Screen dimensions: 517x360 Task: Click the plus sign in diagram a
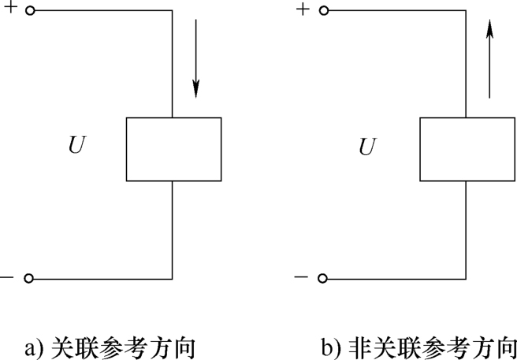coord(10,8)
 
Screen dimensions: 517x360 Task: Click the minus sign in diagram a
coord(6,277)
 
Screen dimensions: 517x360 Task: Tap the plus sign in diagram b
coord(303,9)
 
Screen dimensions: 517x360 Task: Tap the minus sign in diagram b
coord(300,276)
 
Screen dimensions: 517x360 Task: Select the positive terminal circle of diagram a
coord(30,11)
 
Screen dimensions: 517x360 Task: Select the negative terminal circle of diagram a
coord(28,279)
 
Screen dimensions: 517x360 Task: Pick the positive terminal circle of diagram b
coord(324,11)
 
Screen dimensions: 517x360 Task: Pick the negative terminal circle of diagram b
coord(322,279)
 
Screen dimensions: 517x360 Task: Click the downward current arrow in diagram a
coord(196,58)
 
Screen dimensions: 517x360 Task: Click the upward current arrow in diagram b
coord(489,58)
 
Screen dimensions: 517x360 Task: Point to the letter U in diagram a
coord(76,146)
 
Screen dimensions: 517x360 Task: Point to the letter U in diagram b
coord(367,147)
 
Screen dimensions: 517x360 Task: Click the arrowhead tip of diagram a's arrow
coord(196,98)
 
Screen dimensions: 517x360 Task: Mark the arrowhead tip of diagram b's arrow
coord(489,20)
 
